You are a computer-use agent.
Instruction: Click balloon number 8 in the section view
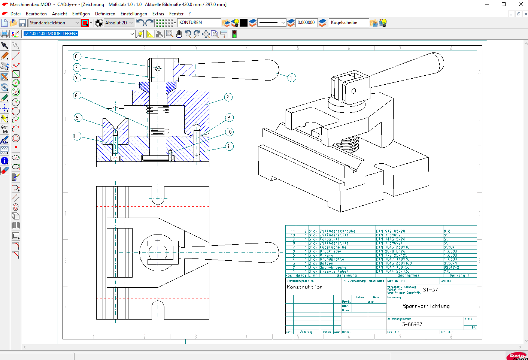click(x=76, y=57)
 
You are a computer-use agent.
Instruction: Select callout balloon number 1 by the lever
click(x=292, y=78)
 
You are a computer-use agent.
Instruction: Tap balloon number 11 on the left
click(x=77, y=136)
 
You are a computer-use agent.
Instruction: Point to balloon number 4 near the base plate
click(x=229, y=146)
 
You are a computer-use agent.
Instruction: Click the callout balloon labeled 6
click(x=76, y=95)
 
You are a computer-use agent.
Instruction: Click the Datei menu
click(x=15, y=14)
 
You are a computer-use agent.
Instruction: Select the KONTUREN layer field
click(x=198, y=22)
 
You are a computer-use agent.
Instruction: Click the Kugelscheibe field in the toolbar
click(x=348, y=22)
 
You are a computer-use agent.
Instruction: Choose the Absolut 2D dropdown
click(x=119, y=23)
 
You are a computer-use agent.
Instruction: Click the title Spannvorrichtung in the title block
click(x=426, y=306)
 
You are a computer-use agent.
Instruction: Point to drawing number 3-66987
click(x=412, y=324)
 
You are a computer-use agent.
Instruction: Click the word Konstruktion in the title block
click(x=304, y=287)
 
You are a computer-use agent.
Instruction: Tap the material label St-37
click(x=430, y=290)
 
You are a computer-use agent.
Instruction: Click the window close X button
click(x=521, y=4)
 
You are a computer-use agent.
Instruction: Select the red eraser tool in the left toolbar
click(x=4, y=171)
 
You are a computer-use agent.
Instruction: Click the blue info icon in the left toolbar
click(x=4, y=161)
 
